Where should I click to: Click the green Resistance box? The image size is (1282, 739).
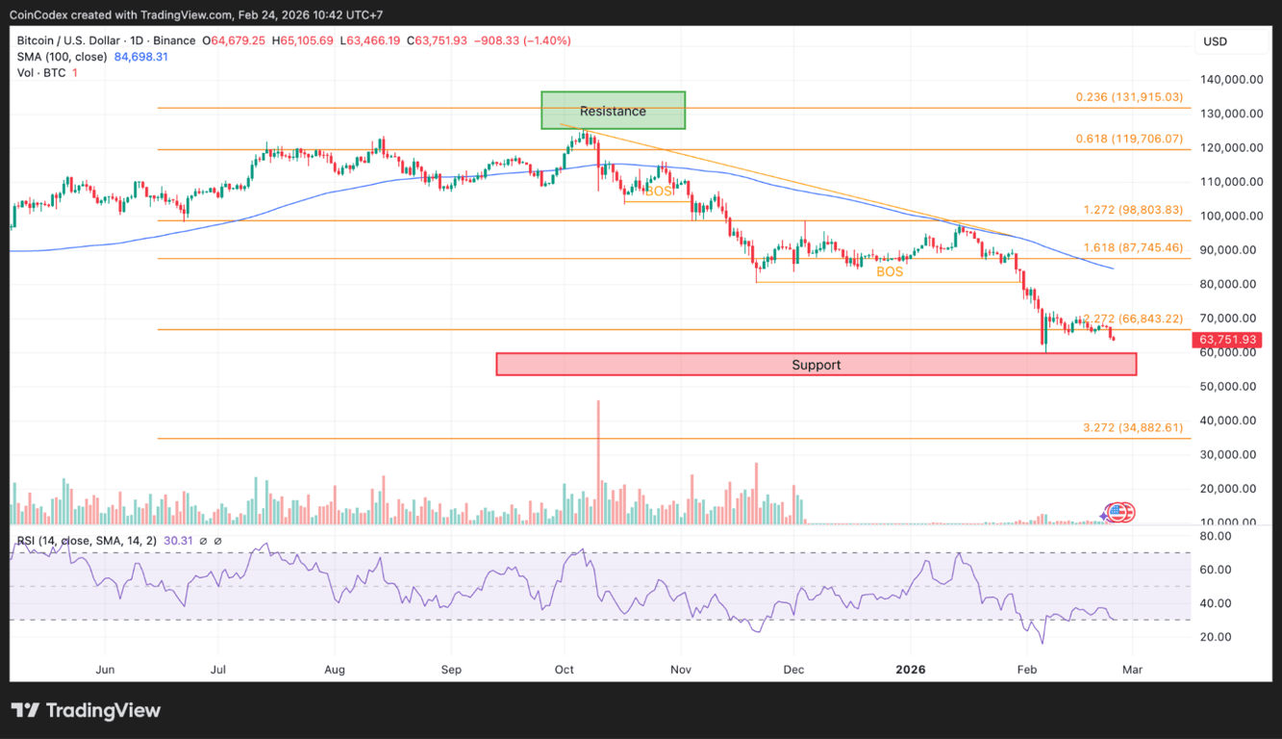[613, 111]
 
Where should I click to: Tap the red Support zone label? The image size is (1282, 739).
[816, 365]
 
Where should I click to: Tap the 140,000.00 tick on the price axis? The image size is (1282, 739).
[1230, 80]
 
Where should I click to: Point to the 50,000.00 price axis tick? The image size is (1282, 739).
[1230, 387]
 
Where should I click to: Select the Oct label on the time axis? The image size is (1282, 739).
[565, 669]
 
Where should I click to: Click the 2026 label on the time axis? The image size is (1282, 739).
[910, 669]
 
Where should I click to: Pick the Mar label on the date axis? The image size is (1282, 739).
[1133, 669]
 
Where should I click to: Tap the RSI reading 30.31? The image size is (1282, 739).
[183, 542]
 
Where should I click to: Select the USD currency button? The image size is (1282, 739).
[1215, 41]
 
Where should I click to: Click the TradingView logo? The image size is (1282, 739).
[87, 711]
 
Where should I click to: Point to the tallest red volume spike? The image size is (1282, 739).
[598, 452]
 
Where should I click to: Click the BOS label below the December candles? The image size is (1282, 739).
[890, 272]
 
